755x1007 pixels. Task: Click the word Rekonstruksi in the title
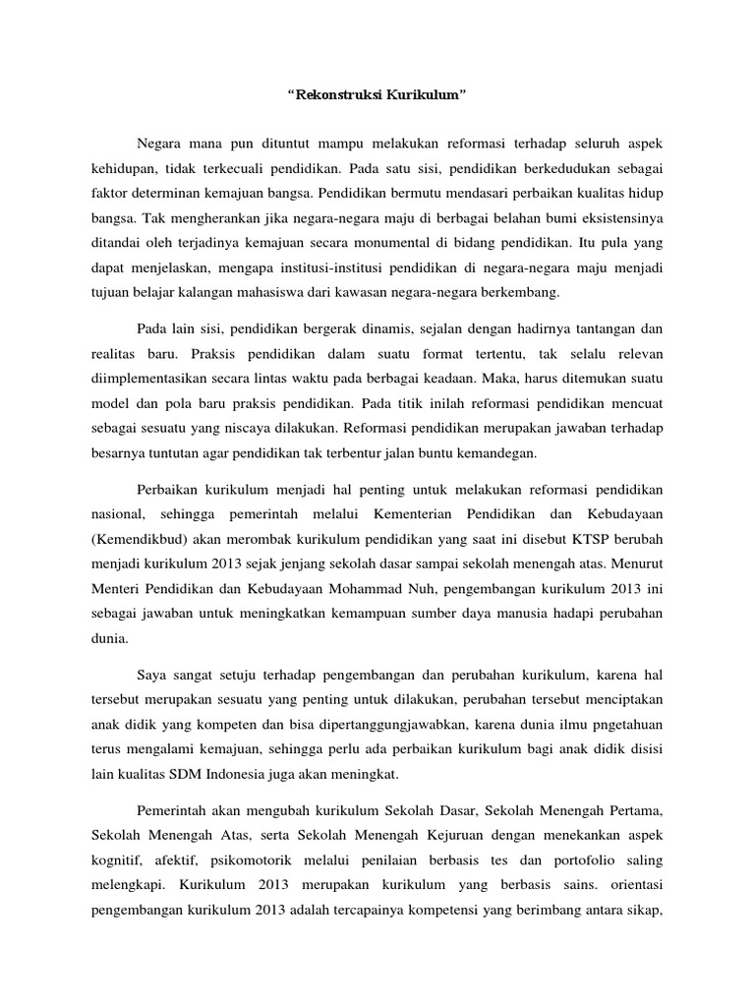click(x=339, y=96)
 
